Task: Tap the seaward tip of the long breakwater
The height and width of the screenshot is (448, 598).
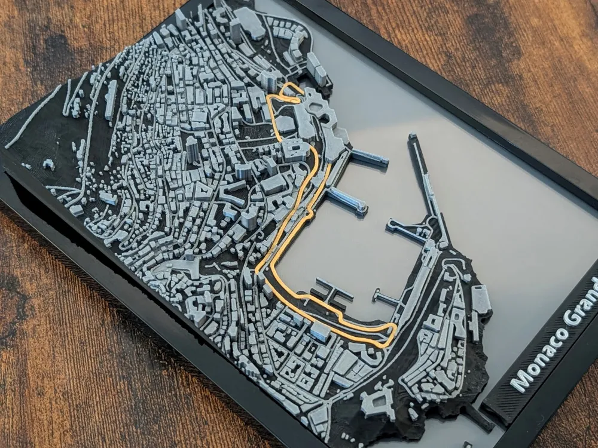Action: pyautogui.click(x=412, y=137)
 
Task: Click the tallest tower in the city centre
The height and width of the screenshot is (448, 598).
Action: pyautogui.click(x=193, y=149)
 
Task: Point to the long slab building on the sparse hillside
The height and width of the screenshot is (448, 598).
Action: pyautogui.click(x=111, y=99)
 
